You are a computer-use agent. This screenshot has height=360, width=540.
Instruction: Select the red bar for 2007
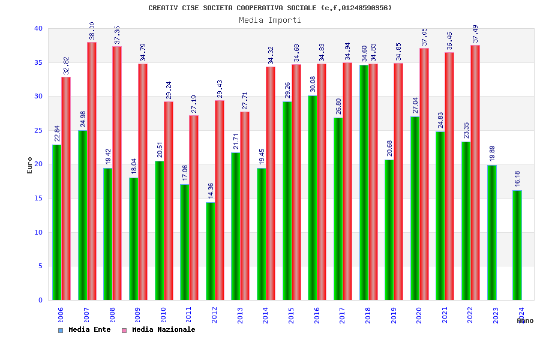pos(92,171)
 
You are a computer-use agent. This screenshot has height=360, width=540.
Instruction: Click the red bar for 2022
pos(475,172)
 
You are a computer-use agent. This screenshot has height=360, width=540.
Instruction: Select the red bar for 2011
pos(194,208)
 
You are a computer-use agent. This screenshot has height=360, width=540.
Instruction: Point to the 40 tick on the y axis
pos(38,28)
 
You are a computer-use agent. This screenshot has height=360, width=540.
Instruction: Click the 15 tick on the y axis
pos(38,198)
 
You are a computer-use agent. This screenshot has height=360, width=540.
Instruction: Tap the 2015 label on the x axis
pos(292,316)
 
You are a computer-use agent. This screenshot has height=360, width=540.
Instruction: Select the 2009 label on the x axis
pos(138,316)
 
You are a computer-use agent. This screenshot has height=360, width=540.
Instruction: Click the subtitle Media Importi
pos(270,20)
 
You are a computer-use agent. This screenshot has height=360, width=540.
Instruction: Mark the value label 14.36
pos(211,190)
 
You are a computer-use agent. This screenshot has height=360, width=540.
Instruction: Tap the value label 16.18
pos(517,178)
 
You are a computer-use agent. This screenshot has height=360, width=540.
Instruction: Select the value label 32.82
pos(66,65)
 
